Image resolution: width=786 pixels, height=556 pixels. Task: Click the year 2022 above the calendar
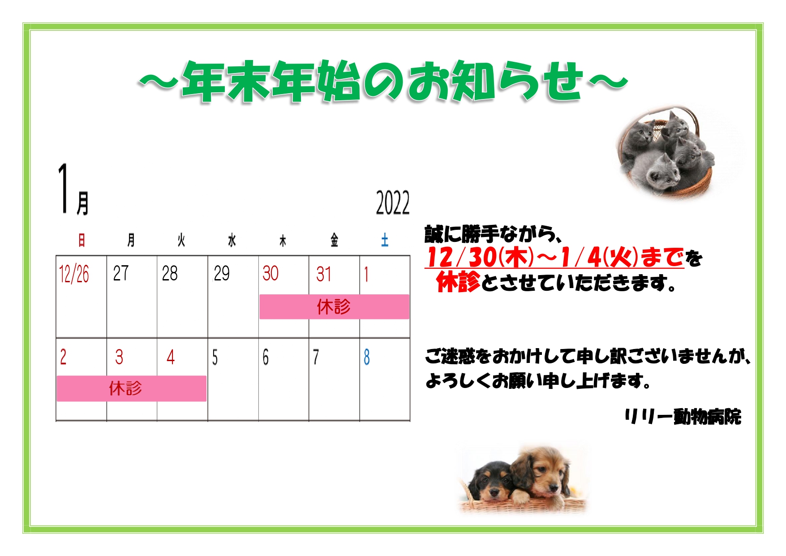click(x=392, y=203)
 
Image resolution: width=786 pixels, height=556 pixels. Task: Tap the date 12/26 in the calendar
click(x=74, y=274)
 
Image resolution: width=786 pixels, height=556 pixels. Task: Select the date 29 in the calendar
click(x=221, y=273)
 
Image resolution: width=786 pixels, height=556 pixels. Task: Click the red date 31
click(x=323, y=274)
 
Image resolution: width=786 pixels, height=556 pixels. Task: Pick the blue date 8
click(x=367, y=357)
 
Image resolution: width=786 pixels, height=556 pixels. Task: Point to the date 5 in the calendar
click(x=215, y=358)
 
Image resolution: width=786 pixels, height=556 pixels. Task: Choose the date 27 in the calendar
click(x=120, y=273)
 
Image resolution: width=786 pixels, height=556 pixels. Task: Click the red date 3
click(x=119, y=357)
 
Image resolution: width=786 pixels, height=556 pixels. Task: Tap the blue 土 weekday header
click(x=384, y=240)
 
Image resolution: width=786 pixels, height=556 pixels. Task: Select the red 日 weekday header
click(x=82, y=240)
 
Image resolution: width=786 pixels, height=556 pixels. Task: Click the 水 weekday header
click(x=232, y=240)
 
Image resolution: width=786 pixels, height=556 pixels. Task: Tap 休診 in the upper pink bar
click(x=334, y=307)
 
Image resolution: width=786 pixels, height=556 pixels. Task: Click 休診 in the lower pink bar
click(x=125, y=388)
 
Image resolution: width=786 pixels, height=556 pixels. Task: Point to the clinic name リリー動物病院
click(x=683, y=417)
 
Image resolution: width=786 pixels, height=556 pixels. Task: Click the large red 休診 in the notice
click(x=458, y=282)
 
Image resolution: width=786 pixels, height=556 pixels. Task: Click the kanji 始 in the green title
click(x=339, y=81)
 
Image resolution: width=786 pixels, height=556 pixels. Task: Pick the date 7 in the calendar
click(x=316, y=358)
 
